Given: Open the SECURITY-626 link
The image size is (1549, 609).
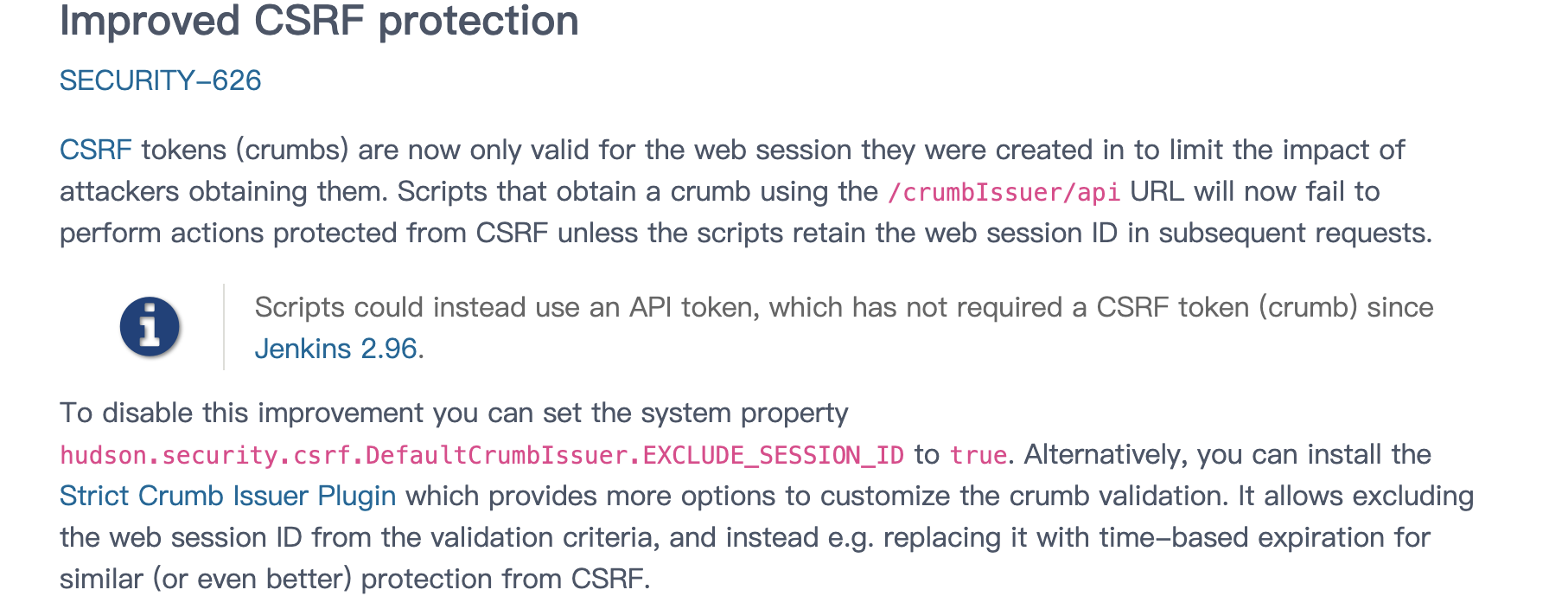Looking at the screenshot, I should pyautogui.click(x=160, y=80).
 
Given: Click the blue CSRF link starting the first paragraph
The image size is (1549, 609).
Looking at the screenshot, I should pyautogui.click(x=95, y=150).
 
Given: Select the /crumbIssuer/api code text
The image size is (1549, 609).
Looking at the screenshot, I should pyautogui.click(x=1004, y=192).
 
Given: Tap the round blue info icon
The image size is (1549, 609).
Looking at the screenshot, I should pyautogui.click(x=150, y=327).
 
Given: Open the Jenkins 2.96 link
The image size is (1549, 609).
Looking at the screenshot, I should pyautogui.click(x=335, y=349).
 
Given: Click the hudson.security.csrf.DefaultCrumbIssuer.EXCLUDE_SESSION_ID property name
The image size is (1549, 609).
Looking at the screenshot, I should pyautogui.click(x=481, y=455).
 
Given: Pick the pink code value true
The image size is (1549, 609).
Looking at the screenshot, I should pyautogui.click(x=978, y=455).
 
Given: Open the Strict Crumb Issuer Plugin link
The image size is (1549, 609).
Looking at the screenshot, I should pyautogui.click(x=227, y=496).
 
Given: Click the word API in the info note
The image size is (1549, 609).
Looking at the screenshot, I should pyautogui.click(x=650, y=307).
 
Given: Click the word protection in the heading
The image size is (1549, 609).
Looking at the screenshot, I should pyautogui.click(x=478, y=21).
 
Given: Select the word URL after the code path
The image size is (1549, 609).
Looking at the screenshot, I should pyautogui.click(x=1157, y=191).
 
